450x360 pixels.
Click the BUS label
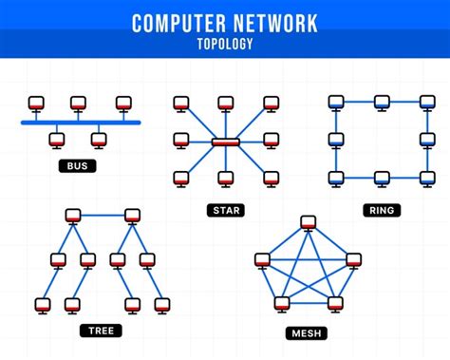[76, 166]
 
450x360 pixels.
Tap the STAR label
[226, 209]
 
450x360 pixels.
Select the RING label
[381, 209]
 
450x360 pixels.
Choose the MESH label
[306, 333]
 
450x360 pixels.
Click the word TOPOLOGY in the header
[225, 44]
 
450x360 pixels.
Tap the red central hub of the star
[226, 142]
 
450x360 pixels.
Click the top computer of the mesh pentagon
[307, 222]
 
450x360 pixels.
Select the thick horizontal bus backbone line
[81, 123]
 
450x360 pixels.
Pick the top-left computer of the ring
[335, 102]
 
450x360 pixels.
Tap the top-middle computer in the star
[226, 102]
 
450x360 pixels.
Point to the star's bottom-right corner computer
[271, 178]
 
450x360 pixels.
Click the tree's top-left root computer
[70, 215]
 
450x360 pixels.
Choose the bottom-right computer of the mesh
[334, 303]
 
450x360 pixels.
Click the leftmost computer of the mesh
[263, 258]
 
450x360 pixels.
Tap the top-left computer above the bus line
[36, 102]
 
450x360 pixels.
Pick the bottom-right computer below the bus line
[99, 140]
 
